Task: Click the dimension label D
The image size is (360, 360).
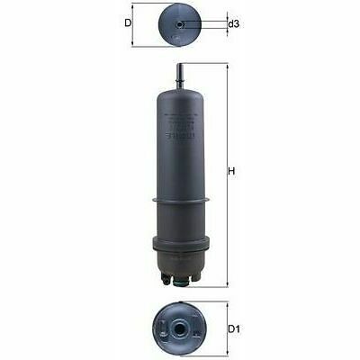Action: click(x=129, y=22)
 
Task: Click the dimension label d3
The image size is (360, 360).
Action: click(x=234, y=23)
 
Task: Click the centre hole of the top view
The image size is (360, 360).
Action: click(x=180, y=24)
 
